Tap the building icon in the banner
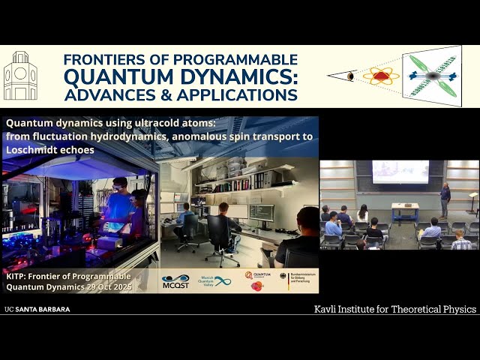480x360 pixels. coord(20,76)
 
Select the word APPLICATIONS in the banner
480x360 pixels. coord(238,94)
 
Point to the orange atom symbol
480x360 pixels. coord(381,76)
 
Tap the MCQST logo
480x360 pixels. coord(175,280)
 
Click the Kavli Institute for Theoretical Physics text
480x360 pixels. coord(394,309)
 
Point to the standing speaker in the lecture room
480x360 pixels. coord(445,199)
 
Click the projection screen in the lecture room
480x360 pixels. coord(400,172)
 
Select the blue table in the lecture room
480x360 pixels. coord(405,210)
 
